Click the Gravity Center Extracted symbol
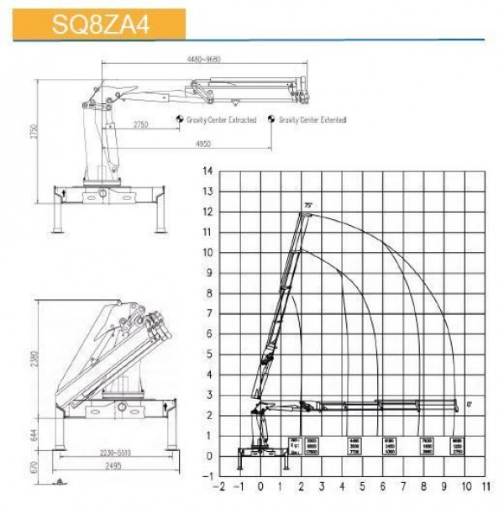[x=180, y=120]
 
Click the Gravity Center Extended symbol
[x=271, y=120]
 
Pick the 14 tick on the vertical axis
[x=208, y=171]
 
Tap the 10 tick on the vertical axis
[x=208, y=252]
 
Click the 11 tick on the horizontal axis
[x=485, y=486]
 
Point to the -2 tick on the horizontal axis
[x=220, y=486]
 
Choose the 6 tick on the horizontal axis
[x=383, y=486]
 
